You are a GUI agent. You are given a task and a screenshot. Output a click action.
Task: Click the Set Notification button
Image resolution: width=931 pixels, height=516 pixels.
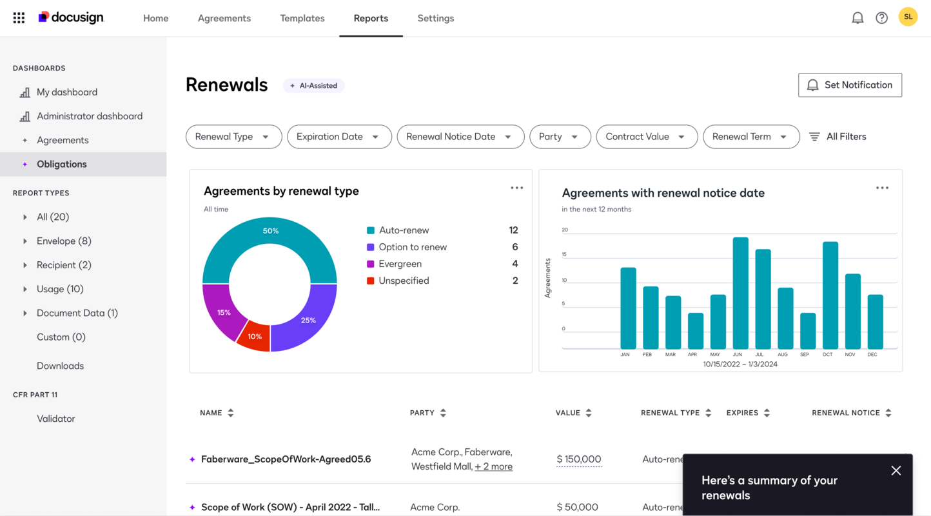pyautogui.click(x=850, y=85)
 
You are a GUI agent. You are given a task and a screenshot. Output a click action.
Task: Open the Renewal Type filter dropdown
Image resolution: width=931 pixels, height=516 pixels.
pyautogui.click(x=233, y=137)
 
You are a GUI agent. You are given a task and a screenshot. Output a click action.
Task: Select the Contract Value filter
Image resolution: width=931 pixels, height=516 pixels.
pyautogui.click(x=646, y=137)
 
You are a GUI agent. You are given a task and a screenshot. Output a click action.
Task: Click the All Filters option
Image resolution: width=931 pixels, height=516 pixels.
pyautogui.click(x=838, y=137)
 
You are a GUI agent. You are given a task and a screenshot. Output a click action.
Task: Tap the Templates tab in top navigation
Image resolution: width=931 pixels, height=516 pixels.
pyautogui.click(x=302, y=18)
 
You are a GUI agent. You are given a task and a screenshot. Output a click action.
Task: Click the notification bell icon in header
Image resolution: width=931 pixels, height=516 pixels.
pyautogui.click(x=857, y=18)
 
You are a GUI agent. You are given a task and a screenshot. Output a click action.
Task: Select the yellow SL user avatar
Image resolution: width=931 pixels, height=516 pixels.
pyautogui.click(x=908, y=17)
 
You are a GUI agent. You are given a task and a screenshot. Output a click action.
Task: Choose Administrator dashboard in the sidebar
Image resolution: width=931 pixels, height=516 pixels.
pyautogui.click(x=89, y=116)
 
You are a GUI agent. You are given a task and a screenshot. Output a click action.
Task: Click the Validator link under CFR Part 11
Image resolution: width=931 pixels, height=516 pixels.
pyautogui.click(x=55, y=419)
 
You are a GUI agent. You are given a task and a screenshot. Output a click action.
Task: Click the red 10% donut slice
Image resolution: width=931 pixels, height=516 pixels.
pyautogui.click(x=255, y=337)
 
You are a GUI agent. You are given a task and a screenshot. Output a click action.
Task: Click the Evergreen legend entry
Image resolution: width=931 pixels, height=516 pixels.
pyautogui.click(x=400, y=264)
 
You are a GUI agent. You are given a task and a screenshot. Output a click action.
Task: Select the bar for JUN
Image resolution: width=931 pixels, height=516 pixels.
pyautogui.click(x=740, y=293)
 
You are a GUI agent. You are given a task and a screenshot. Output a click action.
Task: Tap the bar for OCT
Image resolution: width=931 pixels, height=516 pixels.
pyautogui.click(x=830, y=295)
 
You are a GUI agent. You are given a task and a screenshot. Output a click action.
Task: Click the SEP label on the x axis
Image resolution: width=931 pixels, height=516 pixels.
pyautogui.click(x=804, y=354)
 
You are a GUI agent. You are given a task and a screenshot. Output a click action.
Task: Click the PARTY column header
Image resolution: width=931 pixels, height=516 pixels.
pyautogui.click(x=422, y=413)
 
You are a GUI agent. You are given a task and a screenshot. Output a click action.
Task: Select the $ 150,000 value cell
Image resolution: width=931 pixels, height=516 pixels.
pyautogui.click(x=578, y=459)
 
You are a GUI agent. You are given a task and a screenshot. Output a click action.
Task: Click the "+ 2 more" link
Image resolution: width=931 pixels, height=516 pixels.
pyautogui.click(x=493, y=466)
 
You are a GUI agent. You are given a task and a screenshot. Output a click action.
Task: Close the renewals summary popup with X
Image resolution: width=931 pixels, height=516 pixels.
pyautogui.click(x=896, y=471)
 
